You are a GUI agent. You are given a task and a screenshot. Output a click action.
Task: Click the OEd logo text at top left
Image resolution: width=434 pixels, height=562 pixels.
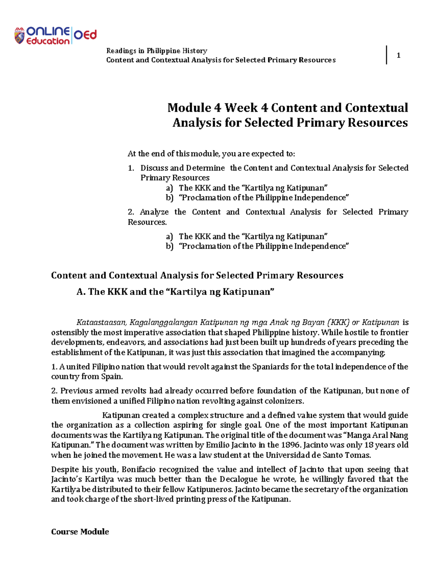(x=85, y=35)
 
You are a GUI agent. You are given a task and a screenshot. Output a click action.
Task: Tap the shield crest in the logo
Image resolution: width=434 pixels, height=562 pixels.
(x=20, y=36)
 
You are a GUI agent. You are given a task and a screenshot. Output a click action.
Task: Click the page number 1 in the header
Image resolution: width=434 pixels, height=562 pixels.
(x=398, y=55)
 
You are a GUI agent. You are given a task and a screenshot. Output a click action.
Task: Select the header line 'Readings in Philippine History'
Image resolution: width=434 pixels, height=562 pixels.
(x=156, y=51)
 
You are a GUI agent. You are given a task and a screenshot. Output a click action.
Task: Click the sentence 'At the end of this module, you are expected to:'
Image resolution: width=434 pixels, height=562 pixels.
(x=211, y=154)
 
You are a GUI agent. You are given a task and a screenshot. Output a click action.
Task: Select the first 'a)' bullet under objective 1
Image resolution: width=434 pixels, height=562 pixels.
(x=170, y=188)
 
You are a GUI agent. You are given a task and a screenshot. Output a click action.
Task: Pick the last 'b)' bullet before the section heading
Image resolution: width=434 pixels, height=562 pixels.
(x=170, y=246)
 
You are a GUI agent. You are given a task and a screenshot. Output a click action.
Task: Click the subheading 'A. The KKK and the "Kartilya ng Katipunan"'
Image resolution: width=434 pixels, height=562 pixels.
(x=176, y=292)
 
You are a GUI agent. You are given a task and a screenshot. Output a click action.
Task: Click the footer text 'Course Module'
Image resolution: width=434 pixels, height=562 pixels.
(x=80, y=532)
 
